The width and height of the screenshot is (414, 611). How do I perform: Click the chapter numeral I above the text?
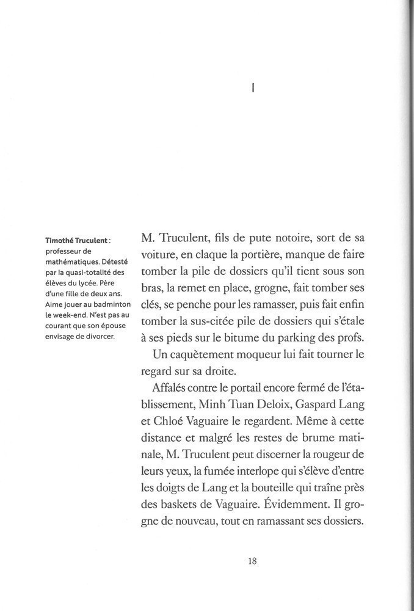253,88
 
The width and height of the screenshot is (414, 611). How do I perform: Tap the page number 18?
252,563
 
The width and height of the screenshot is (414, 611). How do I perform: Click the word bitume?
248,337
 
